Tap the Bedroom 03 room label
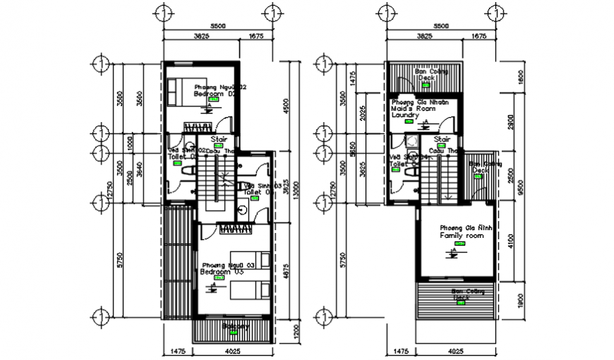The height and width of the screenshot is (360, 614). click(222, 271)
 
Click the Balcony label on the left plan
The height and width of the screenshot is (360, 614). click(236, 327)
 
